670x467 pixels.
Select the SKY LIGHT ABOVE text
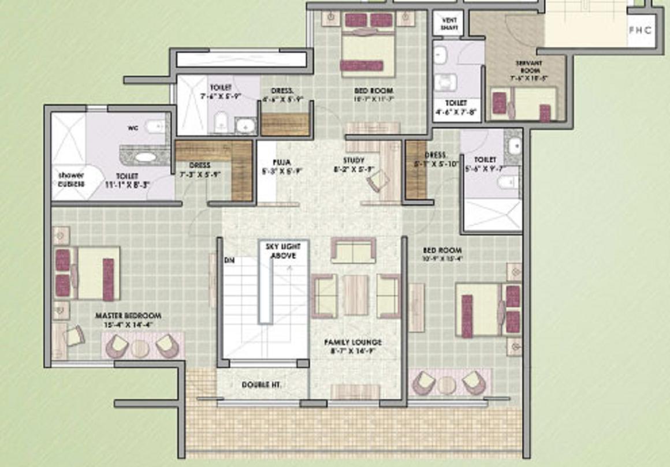click(x=283, y=251)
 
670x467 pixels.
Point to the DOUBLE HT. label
click(x=261, y=384)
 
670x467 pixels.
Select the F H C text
click(x=639, y=31)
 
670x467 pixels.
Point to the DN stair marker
click(x=229, y=260)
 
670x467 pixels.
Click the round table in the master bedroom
click(x=140, y=348)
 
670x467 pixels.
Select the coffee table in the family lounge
click(x=355, y=295)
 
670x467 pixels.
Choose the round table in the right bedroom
click(x=446, y=384)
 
